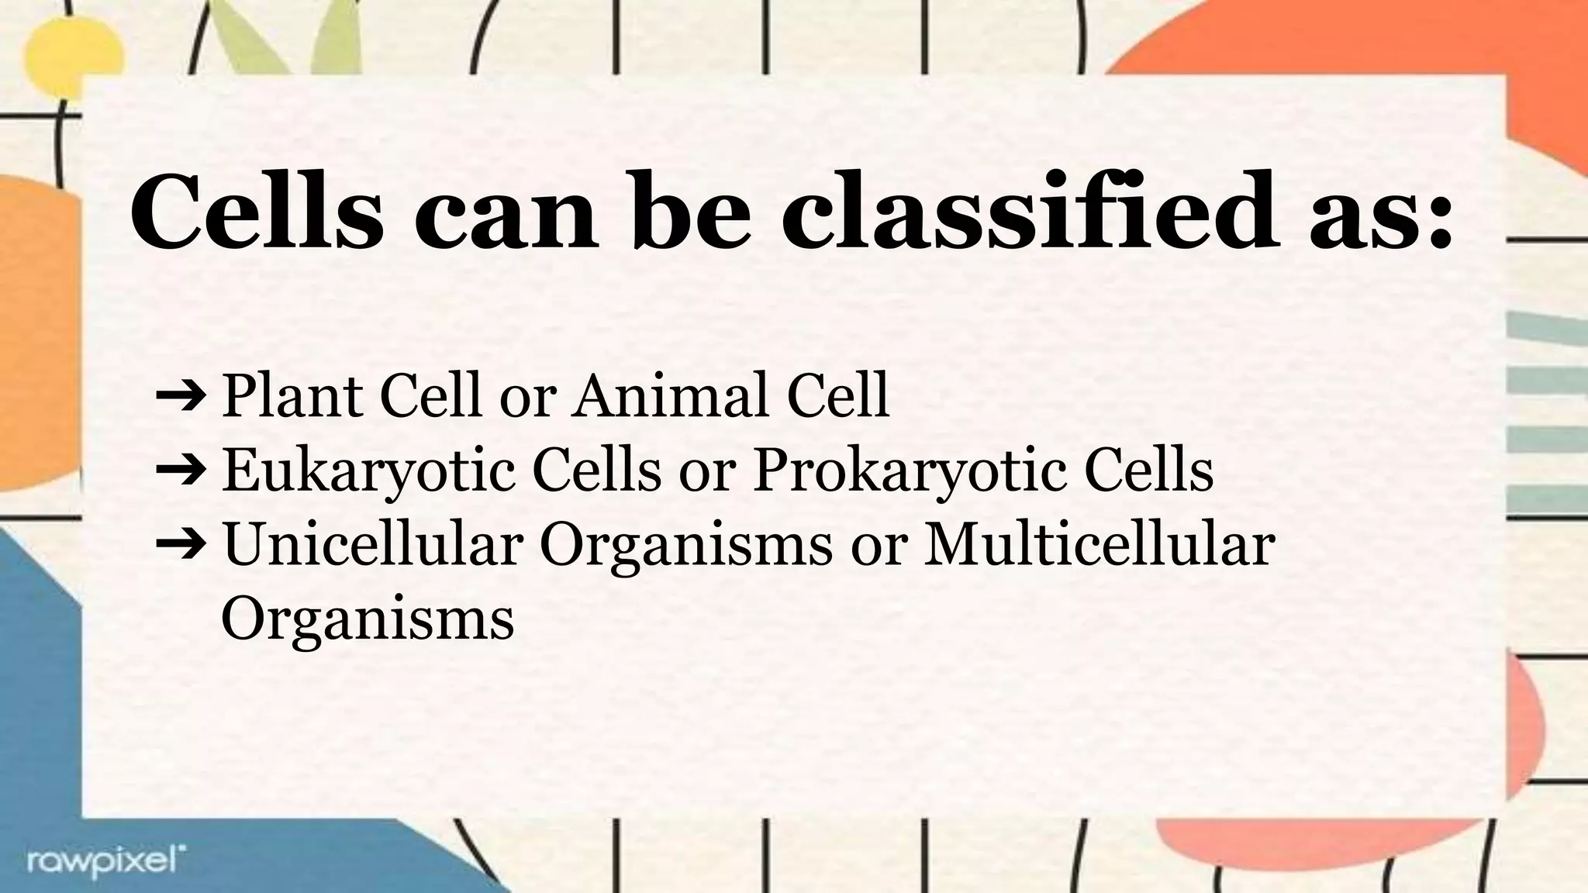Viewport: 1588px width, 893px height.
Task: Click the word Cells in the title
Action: [x=257, y=212]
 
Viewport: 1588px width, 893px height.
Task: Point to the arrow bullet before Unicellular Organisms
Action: [x=180, y=544]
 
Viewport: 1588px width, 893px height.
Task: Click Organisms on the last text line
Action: [x=368, y=620]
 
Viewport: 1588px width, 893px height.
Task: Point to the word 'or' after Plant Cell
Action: [x=528, y=398]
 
